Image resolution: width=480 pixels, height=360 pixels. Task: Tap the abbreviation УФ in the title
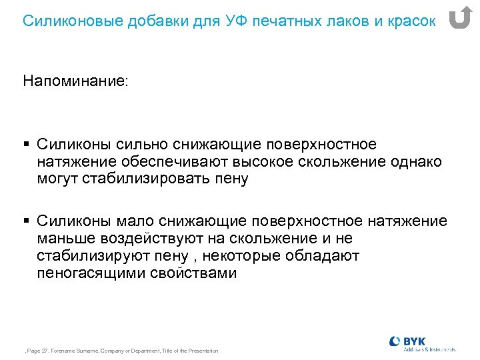(223, 21)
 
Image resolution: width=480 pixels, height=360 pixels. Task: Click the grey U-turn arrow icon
(459, 18)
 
